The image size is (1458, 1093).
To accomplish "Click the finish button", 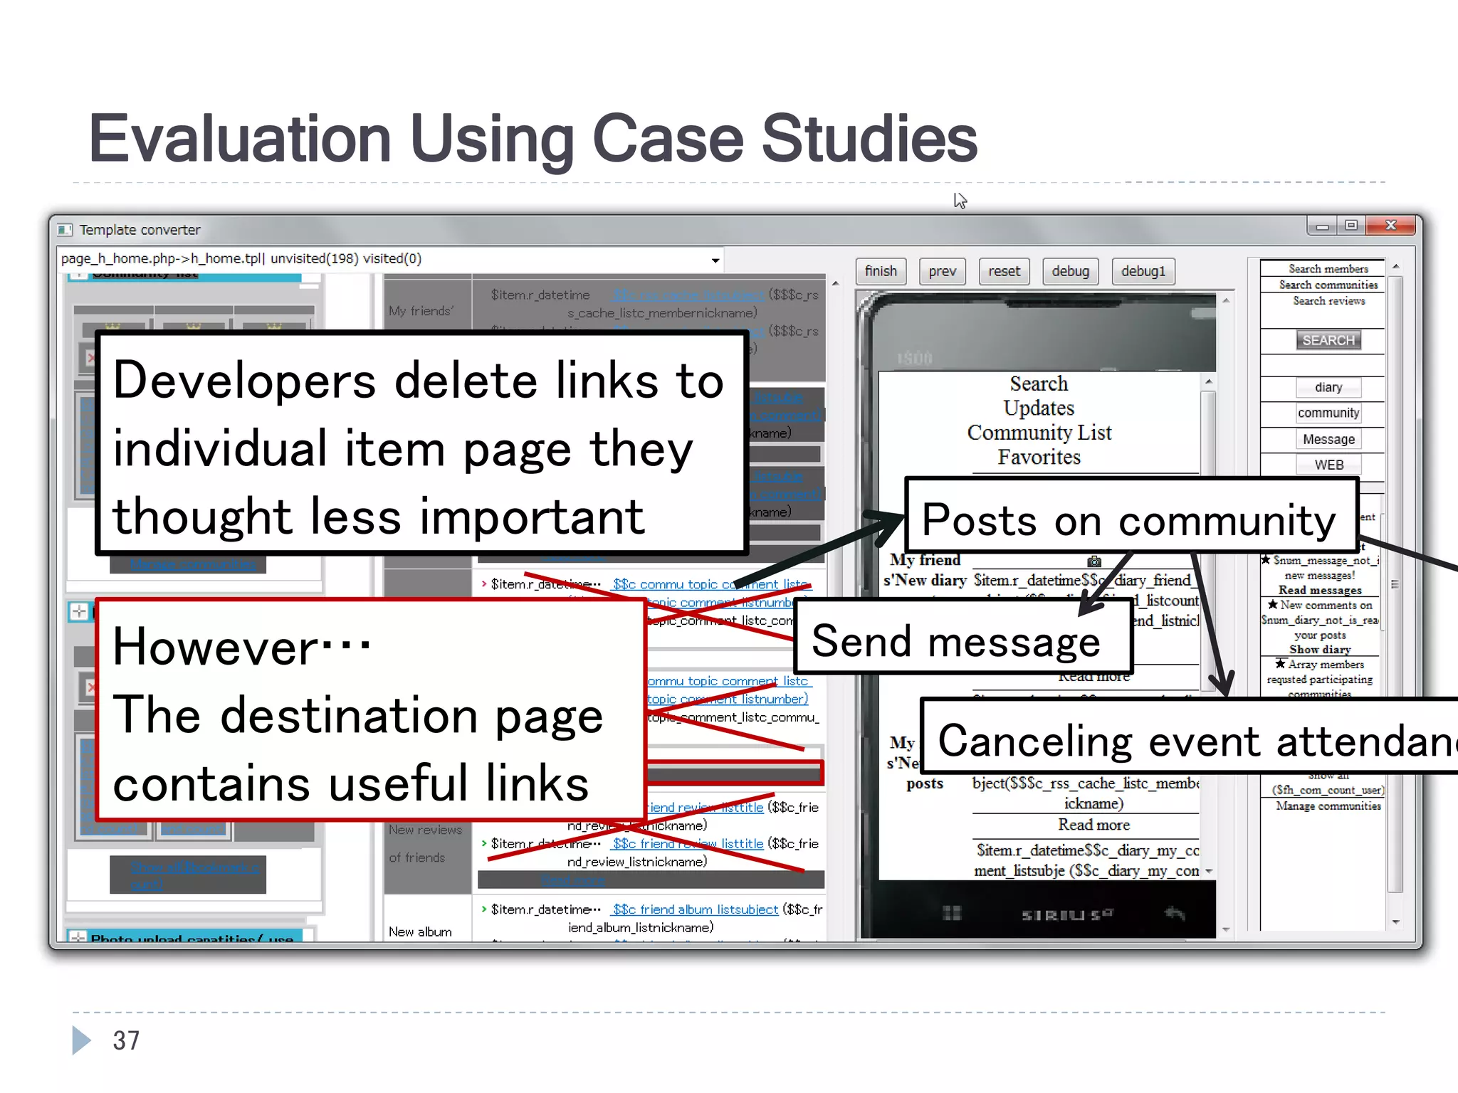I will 881,271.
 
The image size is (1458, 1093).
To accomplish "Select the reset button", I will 1004,271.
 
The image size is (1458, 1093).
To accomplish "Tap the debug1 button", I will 1143,271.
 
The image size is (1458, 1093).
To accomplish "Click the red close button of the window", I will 1390,226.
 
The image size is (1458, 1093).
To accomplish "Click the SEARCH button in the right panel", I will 1328,340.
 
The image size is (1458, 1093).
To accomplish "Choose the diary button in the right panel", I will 1328,387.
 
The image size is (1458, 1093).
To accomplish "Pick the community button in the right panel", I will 1328,413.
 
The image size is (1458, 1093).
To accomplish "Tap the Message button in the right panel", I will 1328,439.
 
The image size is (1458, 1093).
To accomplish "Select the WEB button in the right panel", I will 1328,465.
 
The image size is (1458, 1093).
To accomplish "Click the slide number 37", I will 126,1040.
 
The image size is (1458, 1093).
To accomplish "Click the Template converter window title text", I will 140,230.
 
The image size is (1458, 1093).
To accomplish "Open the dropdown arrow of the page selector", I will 715,260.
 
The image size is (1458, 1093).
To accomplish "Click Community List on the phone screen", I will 1039,433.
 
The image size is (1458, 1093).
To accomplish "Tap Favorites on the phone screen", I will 1039,458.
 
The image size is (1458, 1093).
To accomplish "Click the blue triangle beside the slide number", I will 81,1040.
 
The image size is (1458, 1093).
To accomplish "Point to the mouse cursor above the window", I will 959,200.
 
